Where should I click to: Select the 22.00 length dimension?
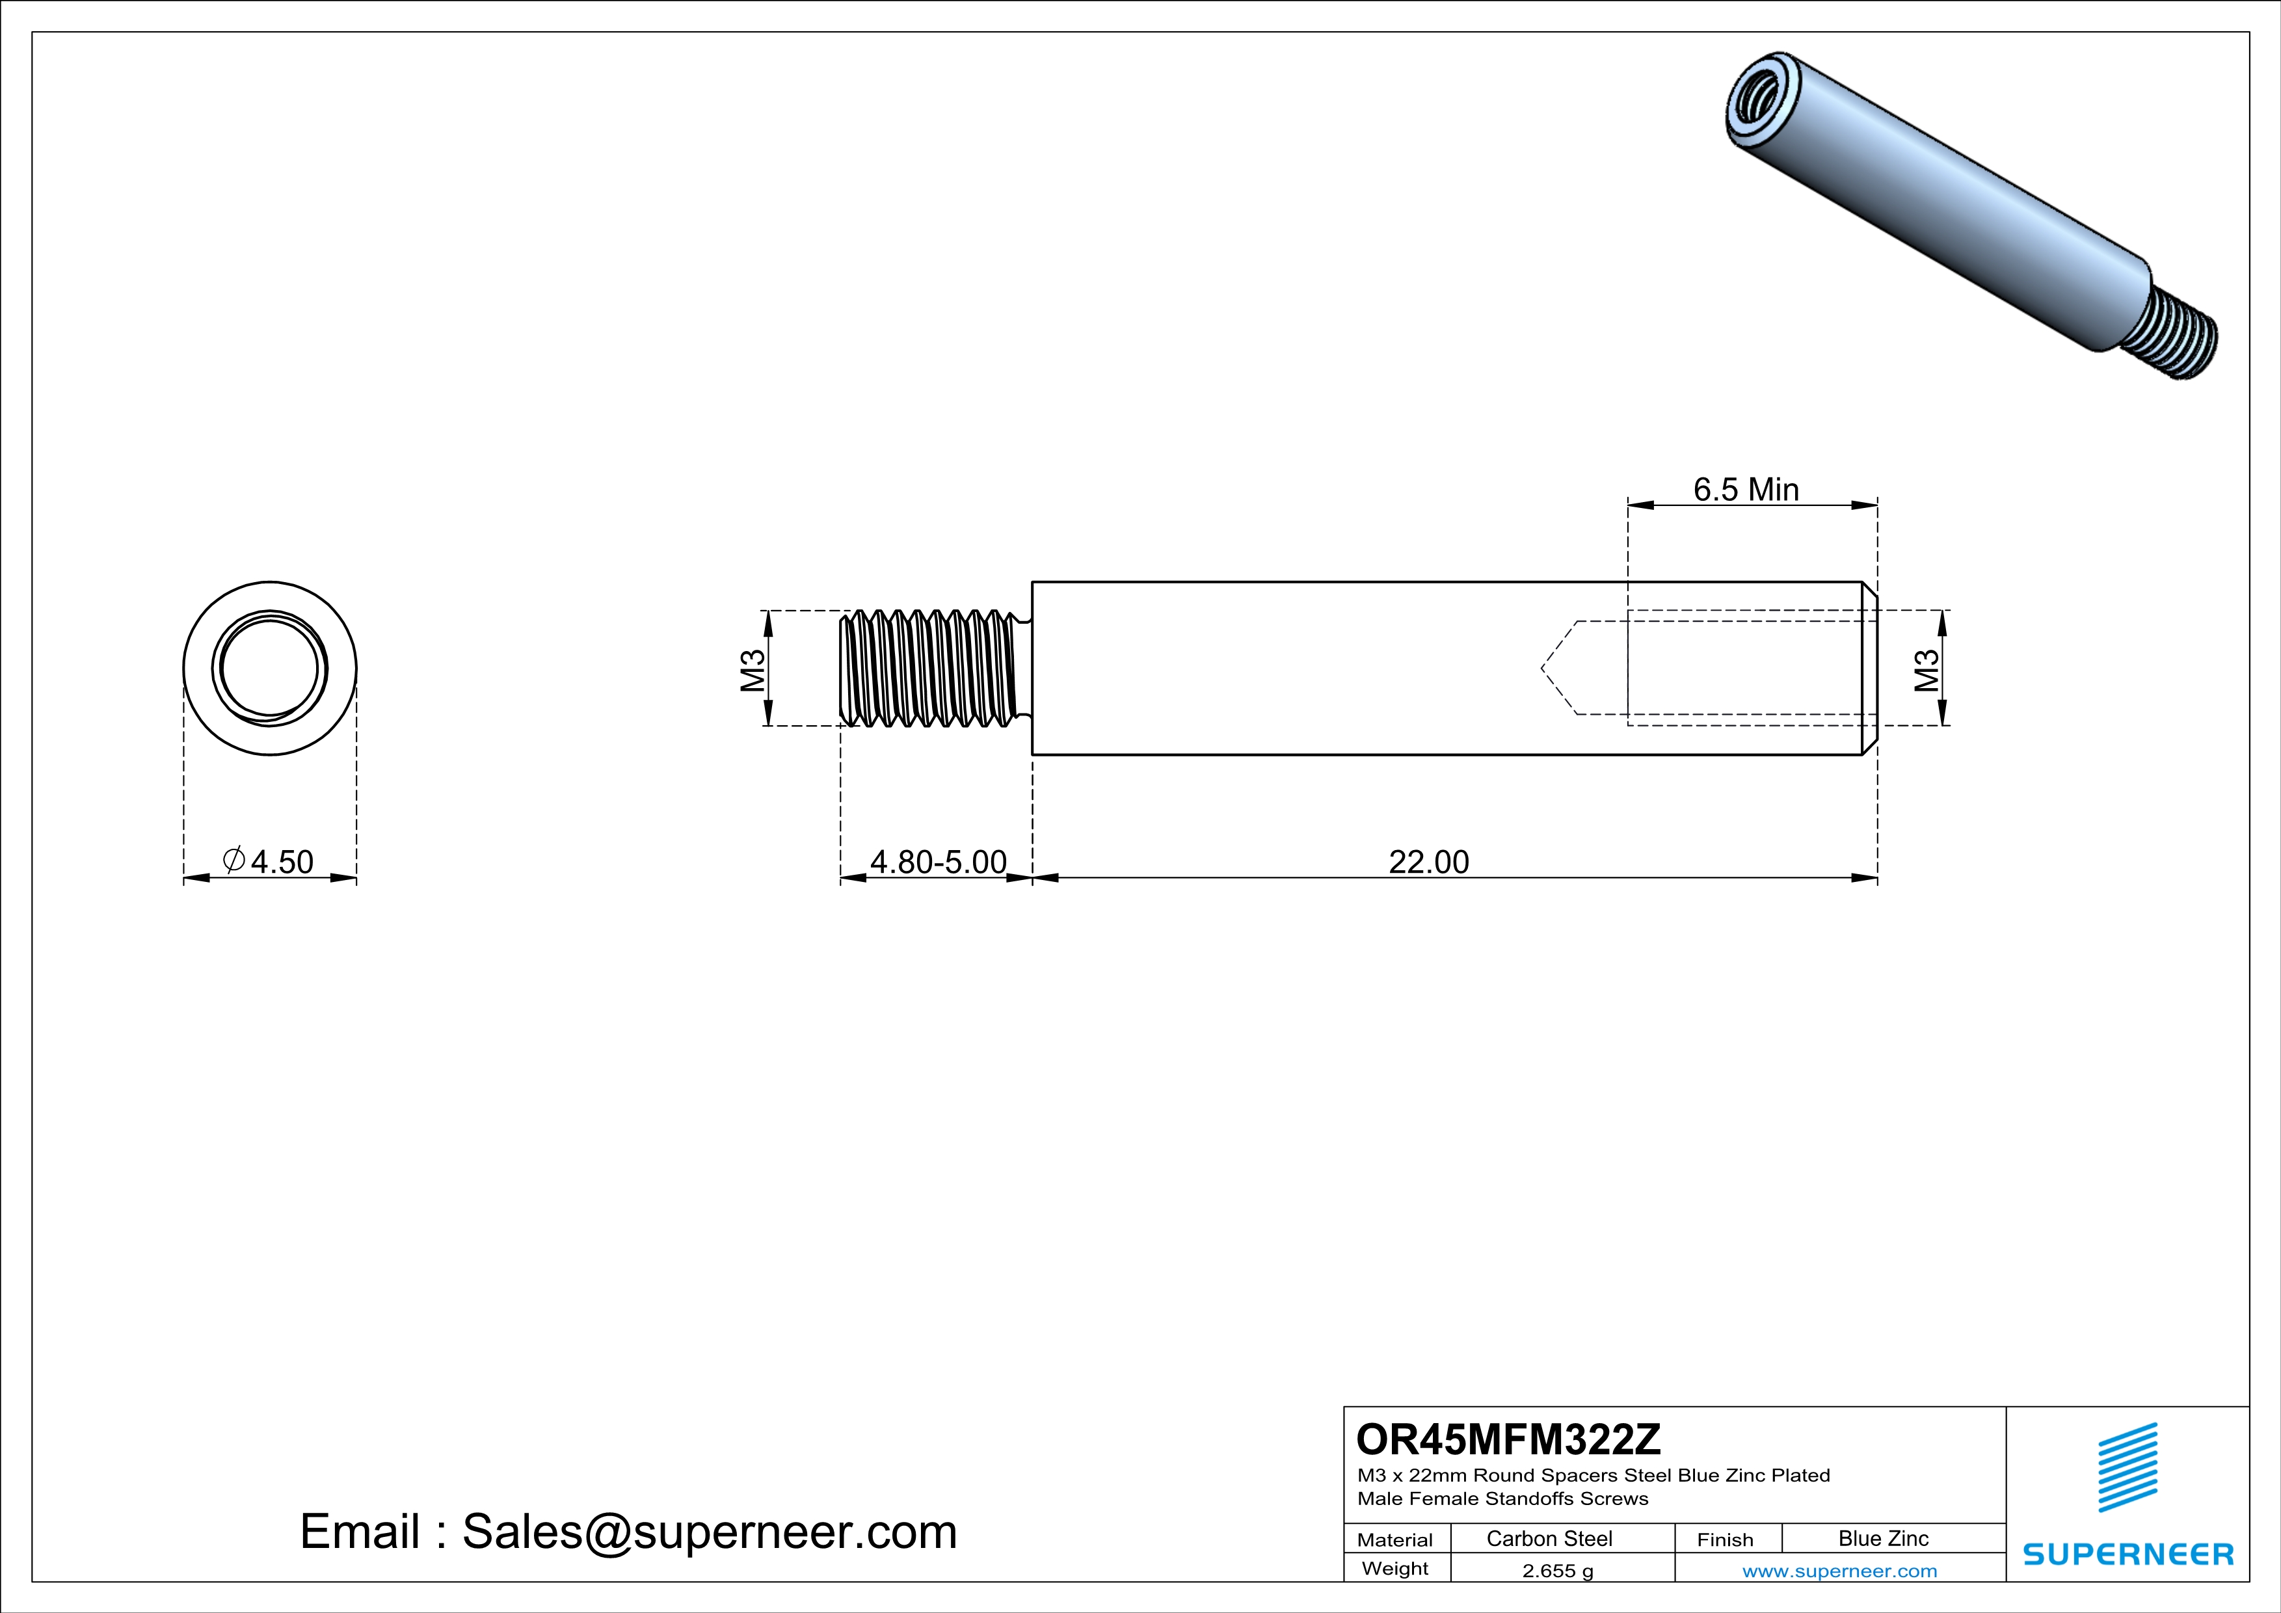coord(1428,862)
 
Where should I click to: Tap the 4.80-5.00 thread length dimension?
coord(938,862)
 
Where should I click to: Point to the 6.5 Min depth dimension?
coord(1746,490)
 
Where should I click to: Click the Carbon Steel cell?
coord(1549,1538)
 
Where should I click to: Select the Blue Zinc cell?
coord(1882,1538)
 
